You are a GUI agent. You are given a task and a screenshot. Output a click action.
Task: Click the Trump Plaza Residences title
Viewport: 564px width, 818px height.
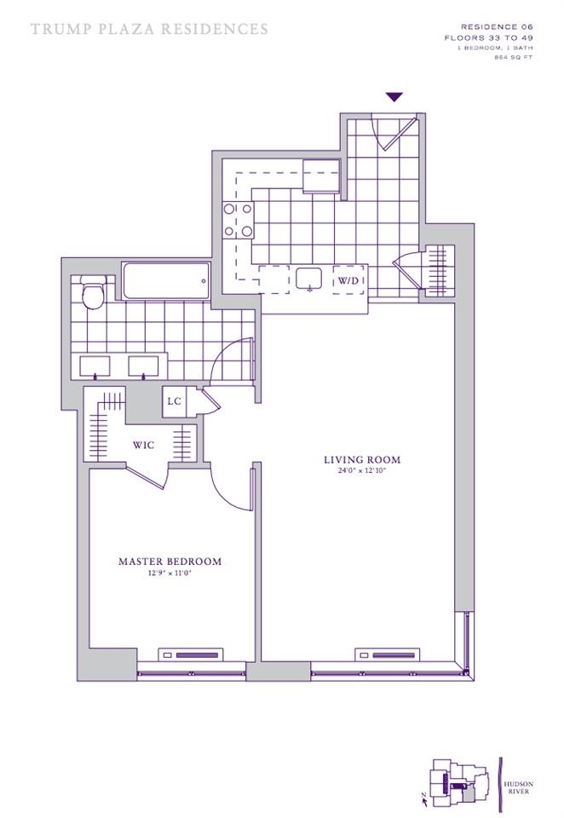149,29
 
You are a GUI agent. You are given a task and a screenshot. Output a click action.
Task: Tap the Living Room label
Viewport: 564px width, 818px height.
361,460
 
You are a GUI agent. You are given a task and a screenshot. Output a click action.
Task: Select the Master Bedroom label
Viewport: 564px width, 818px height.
170,562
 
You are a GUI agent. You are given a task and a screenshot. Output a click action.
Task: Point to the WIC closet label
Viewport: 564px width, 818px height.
142,445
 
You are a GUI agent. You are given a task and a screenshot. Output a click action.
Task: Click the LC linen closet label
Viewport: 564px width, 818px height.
174,401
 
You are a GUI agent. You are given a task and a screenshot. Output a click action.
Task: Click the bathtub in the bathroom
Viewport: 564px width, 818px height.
166,280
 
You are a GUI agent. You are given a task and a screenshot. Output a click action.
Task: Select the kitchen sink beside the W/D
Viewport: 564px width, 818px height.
308,279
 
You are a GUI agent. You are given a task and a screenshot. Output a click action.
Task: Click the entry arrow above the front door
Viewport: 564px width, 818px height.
394,97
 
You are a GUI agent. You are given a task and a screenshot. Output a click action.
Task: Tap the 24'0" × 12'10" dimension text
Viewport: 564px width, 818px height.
361,471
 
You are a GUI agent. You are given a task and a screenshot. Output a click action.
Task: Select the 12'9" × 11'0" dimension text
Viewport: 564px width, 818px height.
170,573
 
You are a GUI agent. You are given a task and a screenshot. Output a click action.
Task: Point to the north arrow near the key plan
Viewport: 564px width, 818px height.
423,797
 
